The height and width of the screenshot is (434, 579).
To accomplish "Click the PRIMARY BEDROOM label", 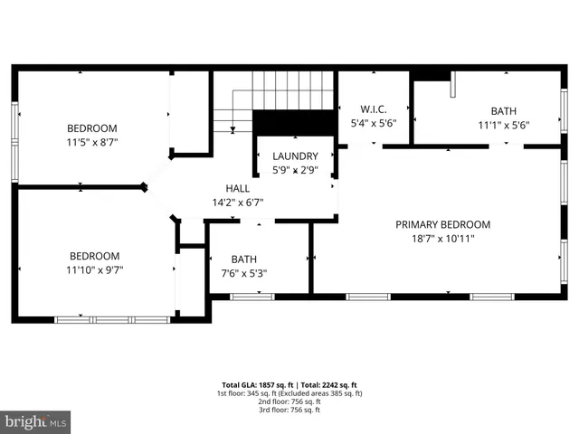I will pyautogui.click(x=442, y=224).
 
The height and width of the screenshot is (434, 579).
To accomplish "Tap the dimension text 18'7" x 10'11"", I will pyautogui.click(x=442, y=239).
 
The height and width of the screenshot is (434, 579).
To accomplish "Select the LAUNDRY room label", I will pyautogui.click(x=295, y=156).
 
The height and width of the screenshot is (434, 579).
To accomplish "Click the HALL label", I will pyautogui.click(x=238, y=188).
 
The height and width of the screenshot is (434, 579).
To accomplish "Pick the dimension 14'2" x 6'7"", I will pyautogui.click(x=238, y=203).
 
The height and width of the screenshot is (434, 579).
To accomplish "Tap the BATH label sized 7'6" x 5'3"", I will pyautogui.click(x=243, y=259).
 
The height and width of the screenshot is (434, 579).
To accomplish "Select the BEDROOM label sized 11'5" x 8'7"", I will pyautogui.click(x=92, y=128).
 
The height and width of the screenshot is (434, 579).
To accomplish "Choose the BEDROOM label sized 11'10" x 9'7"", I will pyautogui.click(x=95, y=256).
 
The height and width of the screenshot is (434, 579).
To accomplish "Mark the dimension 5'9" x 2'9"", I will pyautogui.click(x=295, y=170).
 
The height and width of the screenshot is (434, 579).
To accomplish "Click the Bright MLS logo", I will pyautogui.click(x=36, y=421).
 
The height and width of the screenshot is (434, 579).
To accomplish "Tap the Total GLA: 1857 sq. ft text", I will pyautogui.click(x=255, y=384).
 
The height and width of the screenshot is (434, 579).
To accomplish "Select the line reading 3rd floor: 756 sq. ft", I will pyautogui.click(x=289, y=410).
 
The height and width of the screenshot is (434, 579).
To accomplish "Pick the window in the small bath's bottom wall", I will pyautogui.click(x=252, y=296).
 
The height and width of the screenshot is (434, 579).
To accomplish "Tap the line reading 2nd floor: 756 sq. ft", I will pyautogui.click(x=289, y=401).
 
